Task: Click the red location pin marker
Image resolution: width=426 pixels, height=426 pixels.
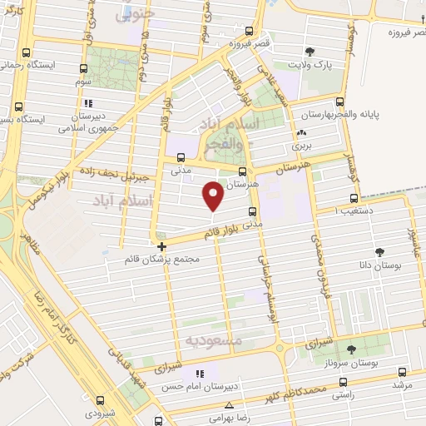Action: click(214, 196)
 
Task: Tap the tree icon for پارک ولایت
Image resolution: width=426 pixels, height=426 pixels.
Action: click(310, 52)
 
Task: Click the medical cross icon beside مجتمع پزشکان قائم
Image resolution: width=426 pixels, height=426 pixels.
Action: click(161, 246)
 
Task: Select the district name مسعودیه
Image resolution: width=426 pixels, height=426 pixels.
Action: click(213, 340)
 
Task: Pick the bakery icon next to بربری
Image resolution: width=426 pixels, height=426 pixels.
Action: click(301, 133)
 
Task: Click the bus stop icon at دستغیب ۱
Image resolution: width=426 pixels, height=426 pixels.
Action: click(354, 199)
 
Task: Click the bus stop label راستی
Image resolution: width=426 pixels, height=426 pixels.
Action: click(341, 395)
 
